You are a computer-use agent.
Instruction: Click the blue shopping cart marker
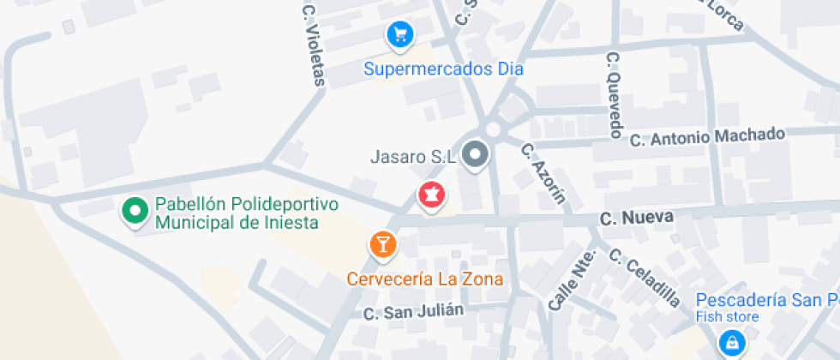point(399,34)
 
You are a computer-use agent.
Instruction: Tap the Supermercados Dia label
point(443,69)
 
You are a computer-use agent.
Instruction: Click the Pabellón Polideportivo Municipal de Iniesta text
point(237,214)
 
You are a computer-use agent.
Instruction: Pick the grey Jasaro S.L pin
point(474,156)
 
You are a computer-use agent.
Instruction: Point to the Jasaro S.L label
point(411,157)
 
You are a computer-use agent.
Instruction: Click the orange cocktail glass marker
point(382,245)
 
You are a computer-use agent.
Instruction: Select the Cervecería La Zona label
point(424,279)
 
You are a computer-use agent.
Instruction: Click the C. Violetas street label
point(314,46)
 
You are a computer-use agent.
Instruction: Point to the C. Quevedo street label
point(614,94)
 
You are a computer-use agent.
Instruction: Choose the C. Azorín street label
point(543,172)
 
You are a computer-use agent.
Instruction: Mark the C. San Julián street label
point(413,311)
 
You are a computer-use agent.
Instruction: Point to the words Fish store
point(727,317)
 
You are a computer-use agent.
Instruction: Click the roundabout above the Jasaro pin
point(492,129)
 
